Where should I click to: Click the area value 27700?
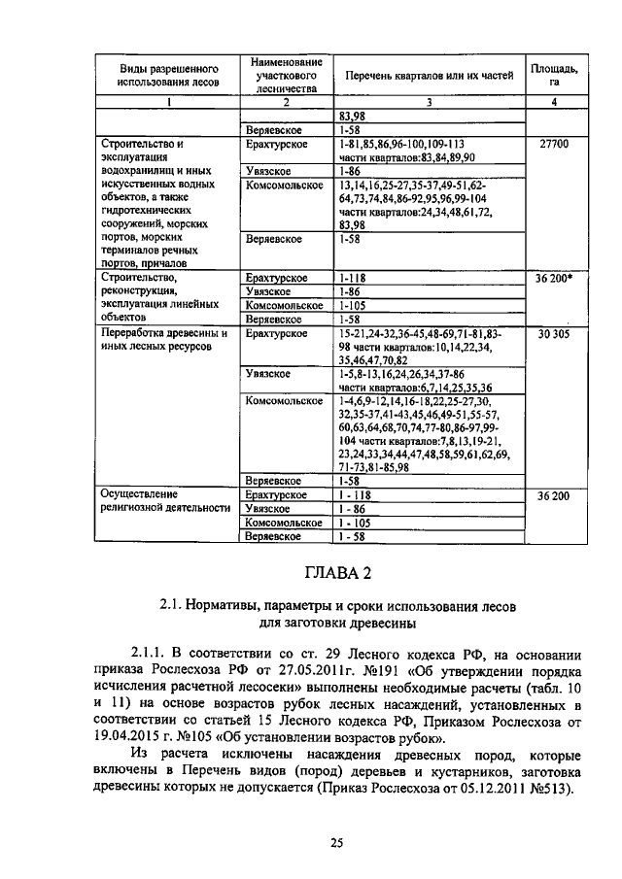(552, 144)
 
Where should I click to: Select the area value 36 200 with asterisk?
(552, 278)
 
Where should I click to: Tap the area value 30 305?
(552, 333)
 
